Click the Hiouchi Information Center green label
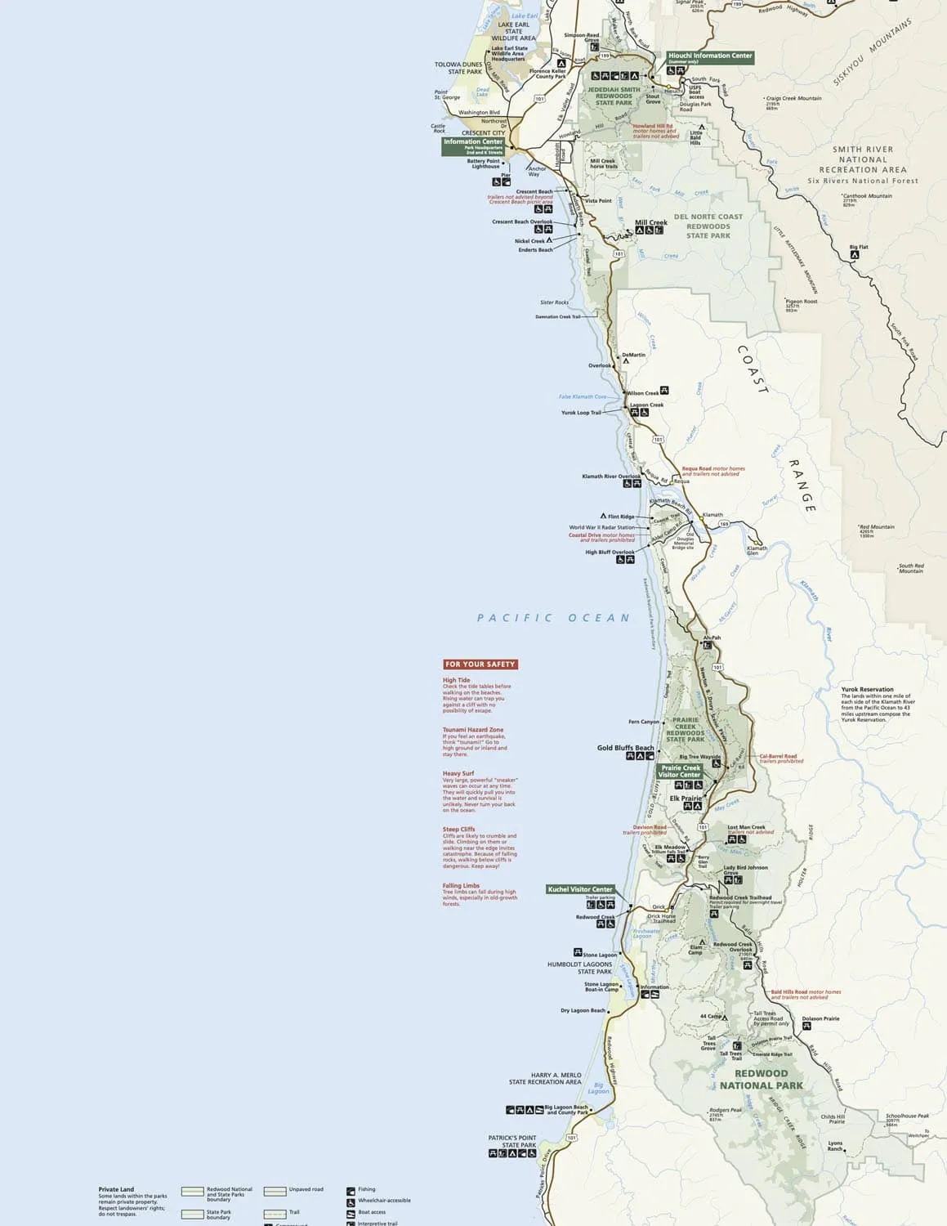click(709, 56)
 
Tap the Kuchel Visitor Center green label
click(580, 889)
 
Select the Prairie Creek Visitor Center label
click(681, 771)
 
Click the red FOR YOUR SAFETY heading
click(480, 664)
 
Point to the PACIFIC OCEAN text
click(554, 618)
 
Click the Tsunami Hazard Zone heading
click(473, 730)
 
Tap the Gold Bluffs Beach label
click(625, 748)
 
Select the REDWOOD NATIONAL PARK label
click(761, 1080)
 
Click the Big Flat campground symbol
click(854, 255)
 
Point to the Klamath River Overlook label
click(611, 477)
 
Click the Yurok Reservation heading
click(867, 689)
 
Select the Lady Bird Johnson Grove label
click(745, 870)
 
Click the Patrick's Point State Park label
click(512, 1141)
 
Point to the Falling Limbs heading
click(461, 886)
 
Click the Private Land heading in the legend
click(116, 1189)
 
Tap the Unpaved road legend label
click(306, 1189)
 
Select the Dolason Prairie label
click(820, 1018)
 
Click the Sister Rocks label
click(554, 302)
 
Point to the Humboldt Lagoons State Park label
click(579, 968)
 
